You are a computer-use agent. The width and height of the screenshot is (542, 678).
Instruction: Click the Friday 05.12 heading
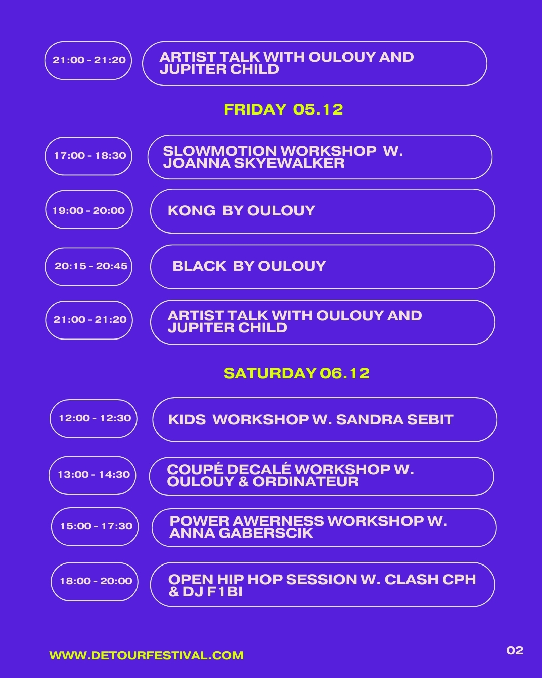(283, 109)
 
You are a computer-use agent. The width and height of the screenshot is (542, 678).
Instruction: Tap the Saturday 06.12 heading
(297, 373)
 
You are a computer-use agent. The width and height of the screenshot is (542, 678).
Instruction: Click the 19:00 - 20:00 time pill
(89, 210)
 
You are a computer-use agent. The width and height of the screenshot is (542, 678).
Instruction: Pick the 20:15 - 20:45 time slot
(88, 267)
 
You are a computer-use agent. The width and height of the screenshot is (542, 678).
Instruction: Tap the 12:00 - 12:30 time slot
(93, 419)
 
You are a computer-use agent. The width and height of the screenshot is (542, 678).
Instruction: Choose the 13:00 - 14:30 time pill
(92, 475)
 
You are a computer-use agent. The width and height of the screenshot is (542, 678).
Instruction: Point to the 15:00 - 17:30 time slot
(95, 527)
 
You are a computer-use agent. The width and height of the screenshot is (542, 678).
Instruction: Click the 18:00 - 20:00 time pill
(94, 582)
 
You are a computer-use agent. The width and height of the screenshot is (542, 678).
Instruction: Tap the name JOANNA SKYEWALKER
(253, 163)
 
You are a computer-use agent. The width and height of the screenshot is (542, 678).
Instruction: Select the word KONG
(192, 211)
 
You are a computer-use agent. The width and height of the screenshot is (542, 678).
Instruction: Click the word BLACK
(199, 266)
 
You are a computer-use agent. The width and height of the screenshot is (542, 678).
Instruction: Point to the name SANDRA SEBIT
(394, 420)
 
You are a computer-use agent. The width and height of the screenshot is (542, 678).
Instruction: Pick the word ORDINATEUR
(306, 482)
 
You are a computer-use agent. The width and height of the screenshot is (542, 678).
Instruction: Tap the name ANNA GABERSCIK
(241, 533)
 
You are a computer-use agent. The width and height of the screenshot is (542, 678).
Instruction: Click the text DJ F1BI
(213, 592)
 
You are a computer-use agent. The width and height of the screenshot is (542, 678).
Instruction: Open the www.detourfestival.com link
(147, 655)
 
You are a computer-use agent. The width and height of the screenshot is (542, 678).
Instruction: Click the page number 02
(515, 650)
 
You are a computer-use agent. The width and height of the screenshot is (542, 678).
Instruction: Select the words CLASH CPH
(430, 580)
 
